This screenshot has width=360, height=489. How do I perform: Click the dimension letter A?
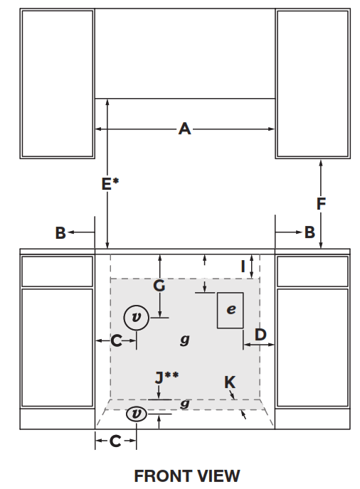point(185,129)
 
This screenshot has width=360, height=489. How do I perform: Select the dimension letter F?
point(321,204)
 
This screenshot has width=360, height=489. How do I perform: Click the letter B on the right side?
point(309,232)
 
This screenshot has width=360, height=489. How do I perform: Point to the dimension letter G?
point(159,286)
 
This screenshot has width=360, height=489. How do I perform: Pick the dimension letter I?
point(243,266)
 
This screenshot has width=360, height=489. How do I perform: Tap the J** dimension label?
point(166,377)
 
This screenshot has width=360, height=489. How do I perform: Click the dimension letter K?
point(229,382)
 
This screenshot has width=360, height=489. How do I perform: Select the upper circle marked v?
point(137,317)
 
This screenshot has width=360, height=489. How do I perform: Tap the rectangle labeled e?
point(231,310)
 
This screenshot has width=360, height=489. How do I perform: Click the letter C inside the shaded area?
point(116,341)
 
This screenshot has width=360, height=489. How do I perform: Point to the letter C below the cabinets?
point(115,441)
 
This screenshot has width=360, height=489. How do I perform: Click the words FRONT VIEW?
point(187,475)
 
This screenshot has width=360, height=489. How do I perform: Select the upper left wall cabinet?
point(57,84)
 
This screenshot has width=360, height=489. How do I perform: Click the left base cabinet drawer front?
point(57,272)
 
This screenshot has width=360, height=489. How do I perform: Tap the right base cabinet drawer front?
point(312,272)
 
